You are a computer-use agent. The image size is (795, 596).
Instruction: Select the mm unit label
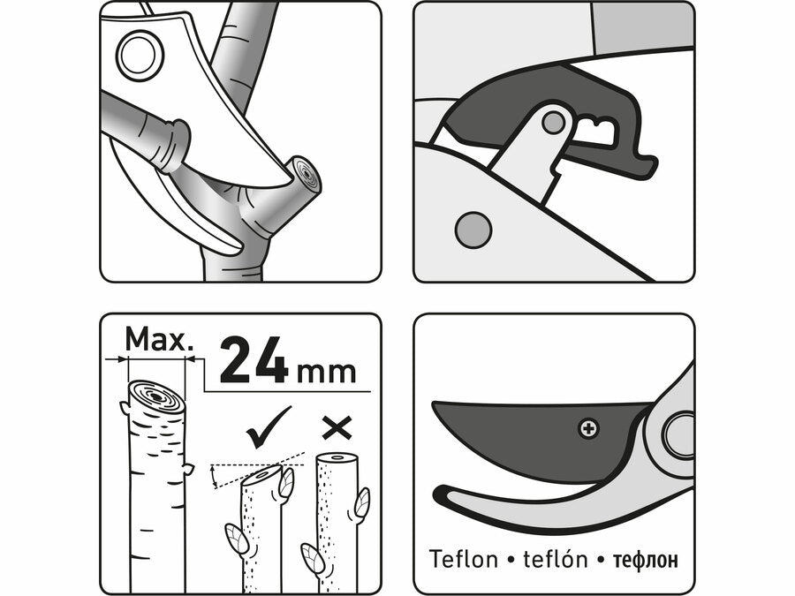pos(326,373)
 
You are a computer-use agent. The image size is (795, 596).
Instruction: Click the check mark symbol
pos(269,427)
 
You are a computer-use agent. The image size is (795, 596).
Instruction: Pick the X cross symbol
pos(337,429)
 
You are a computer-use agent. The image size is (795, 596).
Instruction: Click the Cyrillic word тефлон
pos(645,560)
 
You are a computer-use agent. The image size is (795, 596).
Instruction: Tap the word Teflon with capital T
pos(463,559)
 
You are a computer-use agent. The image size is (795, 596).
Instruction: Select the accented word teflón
pos(556,559)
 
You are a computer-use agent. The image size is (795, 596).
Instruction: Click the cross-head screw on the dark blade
pos(588,429)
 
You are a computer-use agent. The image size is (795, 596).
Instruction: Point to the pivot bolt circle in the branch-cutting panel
pos(140,56)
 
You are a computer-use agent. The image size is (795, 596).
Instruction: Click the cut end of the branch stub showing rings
pos(307,175)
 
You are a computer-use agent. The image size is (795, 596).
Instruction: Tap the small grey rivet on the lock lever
pos(553,123)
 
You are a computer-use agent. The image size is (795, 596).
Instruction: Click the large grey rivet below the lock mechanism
pos(473,230)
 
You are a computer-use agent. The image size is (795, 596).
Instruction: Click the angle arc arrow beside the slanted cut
pos(215,477)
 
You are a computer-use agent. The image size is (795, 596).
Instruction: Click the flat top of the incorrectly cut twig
pos(337,458)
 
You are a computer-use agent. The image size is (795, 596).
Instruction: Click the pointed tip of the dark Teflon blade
pos(434,404)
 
